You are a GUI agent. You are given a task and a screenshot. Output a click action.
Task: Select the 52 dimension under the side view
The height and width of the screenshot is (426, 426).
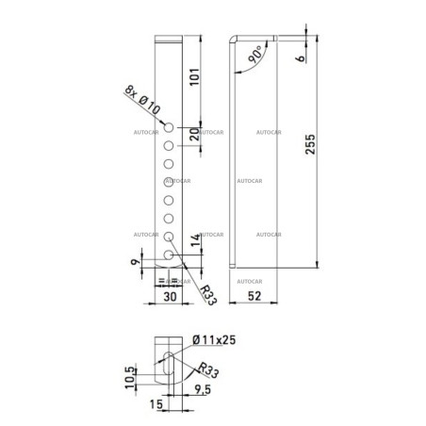[x=254, y=295]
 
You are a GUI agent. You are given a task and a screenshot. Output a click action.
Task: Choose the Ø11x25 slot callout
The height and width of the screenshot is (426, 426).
[x=213, y=340]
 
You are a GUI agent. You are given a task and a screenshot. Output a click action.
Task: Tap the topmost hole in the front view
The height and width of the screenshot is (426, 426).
[x=167, y=127]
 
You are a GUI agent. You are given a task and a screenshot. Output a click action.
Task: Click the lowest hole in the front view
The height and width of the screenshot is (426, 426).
[x=167, y=254]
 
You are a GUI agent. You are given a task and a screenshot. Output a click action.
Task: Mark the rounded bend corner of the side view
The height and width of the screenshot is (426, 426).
[x=236, y=41]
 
